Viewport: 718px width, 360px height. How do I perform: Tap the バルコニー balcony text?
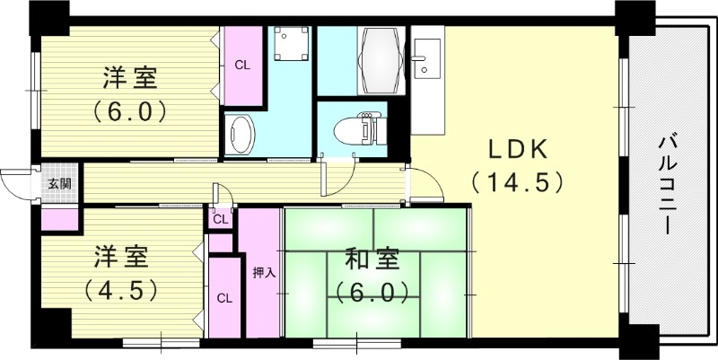pos(667,184)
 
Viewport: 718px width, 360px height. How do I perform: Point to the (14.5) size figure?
pos(516,182)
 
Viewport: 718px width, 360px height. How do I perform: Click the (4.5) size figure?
pos(122,290)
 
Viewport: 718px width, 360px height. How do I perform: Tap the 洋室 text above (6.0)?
pos(129,79)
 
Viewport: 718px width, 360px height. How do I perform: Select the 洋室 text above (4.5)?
pos(124,257)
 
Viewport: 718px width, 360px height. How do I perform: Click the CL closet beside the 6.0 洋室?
pos(242,66)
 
